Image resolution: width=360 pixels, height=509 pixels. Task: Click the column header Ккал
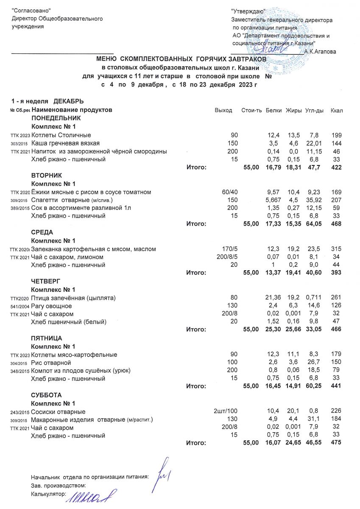337,110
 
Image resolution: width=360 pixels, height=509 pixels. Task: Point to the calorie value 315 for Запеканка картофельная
337,249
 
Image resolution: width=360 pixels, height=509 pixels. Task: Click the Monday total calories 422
337,168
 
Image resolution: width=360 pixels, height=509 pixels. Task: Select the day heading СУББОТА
47,395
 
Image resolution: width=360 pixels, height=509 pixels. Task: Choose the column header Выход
223,110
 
